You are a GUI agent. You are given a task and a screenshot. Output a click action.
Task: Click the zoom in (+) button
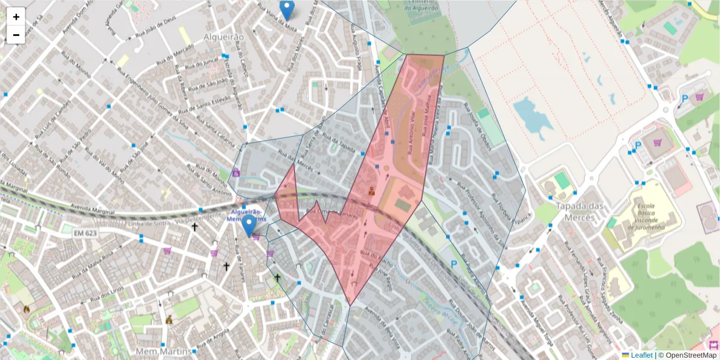pos(16,17)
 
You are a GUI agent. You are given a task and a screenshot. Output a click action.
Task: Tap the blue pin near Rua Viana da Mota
pos(287,10)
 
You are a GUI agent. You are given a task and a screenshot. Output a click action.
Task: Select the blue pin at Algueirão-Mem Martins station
pos(248,226)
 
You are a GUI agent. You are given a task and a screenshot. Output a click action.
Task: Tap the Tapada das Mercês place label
pos(578,211)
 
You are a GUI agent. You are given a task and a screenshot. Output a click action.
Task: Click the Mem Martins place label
pos(163,350)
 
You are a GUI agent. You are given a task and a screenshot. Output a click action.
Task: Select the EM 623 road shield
pos(85,232)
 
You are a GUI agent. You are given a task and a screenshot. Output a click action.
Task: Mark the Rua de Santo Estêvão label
pos(205,102)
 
